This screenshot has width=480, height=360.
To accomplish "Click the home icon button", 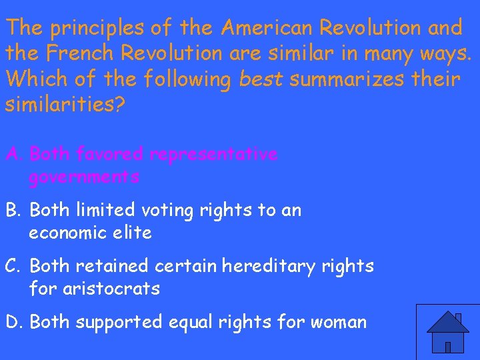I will click(447, 332).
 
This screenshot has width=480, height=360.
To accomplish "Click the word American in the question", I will click(267, 28).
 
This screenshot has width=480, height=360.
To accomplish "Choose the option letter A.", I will click(13, 155).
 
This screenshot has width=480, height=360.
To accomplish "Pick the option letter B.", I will click(13, 211).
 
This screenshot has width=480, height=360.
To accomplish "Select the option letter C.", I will click(13, 267).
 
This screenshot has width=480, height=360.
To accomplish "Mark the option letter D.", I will click(13, 323).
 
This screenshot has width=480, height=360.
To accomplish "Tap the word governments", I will click(84, 177).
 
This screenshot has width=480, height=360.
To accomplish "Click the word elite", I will click(135, 233).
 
